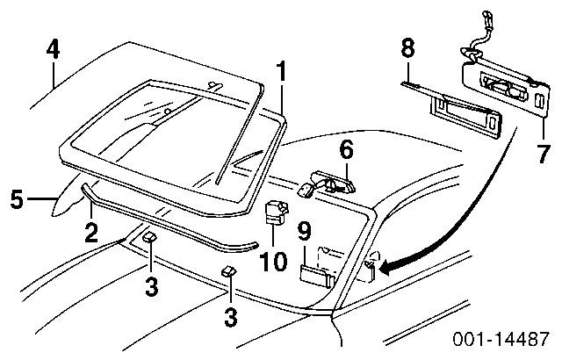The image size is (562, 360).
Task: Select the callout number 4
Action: click(54, 50)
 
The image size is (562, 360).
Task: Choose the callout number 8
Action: click(407, 50)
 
